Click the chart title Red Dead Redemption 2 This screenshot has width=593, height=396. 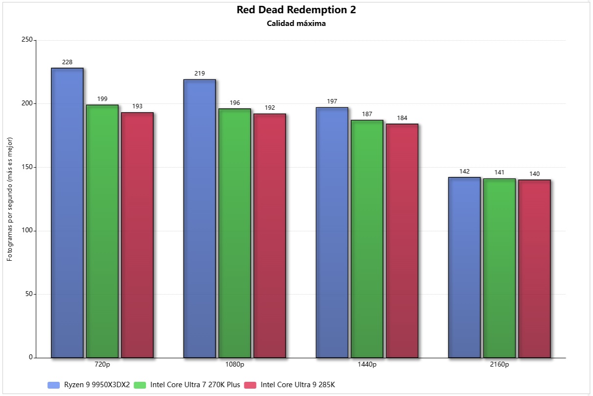[x=296, y=10]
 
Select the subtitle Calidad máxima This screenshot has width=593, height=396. [x=296, y=24]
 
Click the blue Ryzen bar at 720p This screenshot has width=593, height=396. [x=67, y=213]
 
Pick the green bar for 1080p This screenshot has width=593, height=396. [x=235, y=233]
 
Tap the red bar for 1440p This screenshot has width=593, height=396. [x=402, y=241]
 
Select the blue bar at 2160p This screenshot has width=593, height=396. [x=464, y=268]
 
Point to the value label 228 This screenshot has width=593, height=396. [x=67, y=62]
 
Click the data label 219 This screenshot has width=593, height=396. [x=199, y=74]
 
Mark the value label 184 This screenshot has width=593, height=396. [x=402, y=118]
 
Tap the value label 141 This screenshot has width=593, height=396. [x=499, y=173]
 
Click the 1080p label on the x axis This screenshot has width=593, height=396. [x=235, y=365]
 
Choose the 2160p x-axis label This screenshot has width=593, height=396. [x=499, y=365]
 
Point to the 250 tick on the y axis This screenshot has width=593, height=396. [x=27, y=40]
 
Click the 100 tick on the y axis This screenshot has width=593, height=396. [x=27, y=231]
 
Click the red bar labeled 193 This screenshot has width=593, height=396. [x=137, y=235]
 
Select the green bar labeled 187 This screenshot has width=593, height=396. [x=367, y=239]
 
